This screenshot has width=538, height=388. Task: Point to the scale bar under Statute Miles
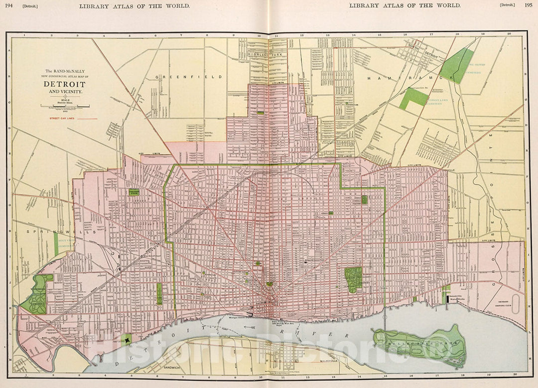(x=68, y=106)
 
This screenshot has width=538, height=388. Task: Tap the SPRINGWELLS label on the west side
(x=42, y=232)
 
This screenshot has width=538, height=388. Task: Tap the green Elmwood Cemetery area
(x=353, y=279)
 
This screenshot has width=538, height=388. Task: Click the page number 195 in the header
(x=528, y=5)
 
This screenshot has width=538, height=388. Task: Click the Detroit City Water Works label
(x=457, y=299)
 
